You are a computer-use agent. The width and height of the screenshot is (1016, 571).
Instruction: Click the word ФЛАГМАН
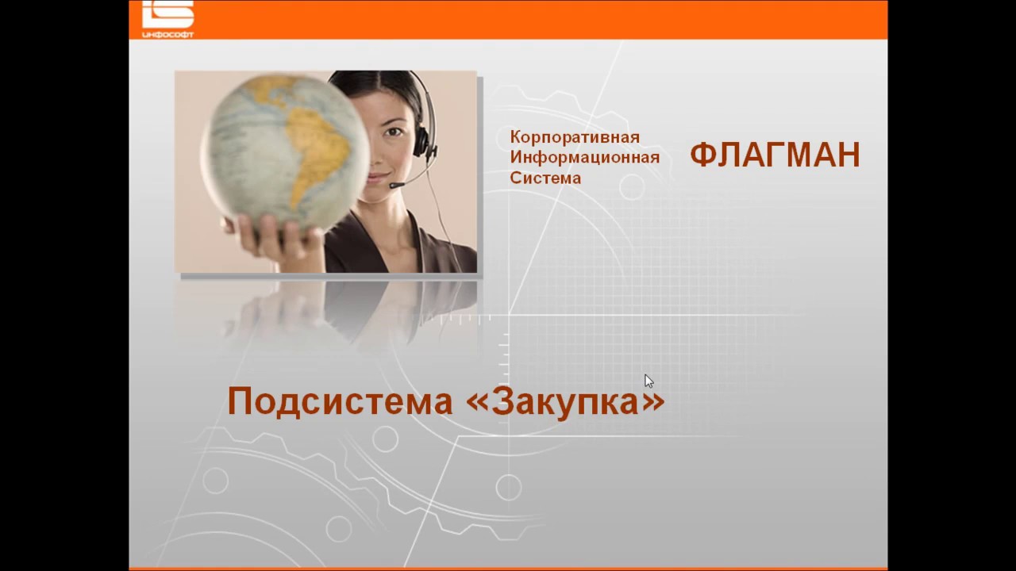click(775, 155)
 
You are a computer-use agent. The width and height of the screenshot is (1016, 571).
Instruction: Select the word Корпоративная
click(575, 137)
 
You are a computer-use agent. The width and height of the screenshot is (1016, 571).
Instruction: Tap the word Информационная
click(584, 157)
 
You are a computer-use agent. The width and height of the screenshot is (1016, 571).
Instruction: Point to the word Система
click(545, 178)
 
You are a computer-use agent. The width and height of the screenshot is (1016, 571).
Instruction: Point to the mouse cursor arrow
click(648, 380)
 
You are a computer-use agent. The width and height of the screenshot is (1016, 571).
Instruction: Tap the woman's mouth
click(380, 178)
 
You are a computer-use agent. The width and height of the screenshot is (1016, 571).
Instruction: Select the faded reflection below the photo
click(325, 313)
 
